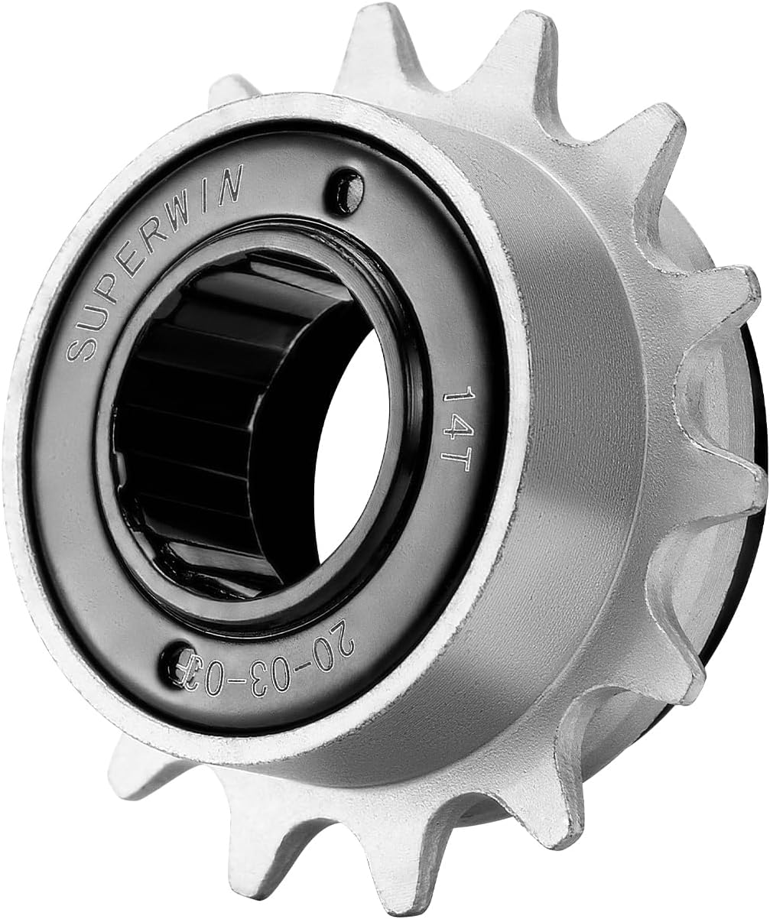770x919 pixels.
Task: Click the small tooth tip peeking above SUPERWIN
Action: tap(229, 89)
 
